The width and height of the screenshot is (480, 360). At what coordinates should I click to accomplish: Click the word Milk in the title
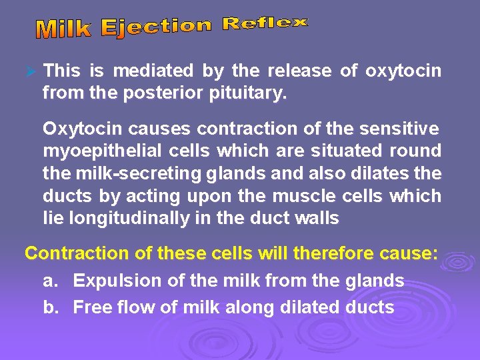(x=65, y=29)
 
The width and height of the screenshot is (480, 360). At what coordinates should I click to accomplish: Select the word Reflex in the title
(x=265, y=24)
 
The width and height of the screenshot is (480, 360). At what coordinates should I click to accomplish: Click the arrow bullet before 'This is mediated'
(x=29, y=71)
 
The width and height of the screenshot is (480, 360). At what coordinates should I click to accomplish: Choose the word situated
(x=354, y=151)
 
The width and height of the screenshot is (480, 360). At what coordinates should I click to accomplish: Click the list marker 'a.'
(x=51, y=281)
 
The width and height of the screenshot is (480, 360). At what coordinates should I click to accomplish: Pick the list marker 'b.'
(x=51, y=307)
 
